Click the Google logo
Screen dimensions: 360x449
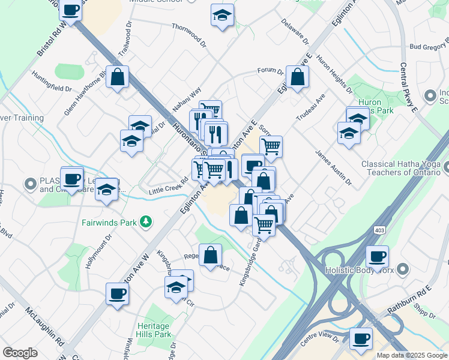[x=20, y=353]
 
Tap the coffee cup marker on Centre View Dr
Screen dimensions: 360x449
[x=361, y=338]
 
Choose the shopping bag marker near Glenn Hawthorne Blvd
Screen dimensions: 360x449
[x=118, y=76]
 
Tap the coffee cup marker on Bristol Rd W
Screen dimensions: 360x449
[x=71, y=10]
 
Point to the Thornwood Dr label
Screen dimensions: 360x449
[x=188, y=28]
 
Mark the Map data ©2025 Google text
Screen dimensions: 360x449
[x=411, y=355]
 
